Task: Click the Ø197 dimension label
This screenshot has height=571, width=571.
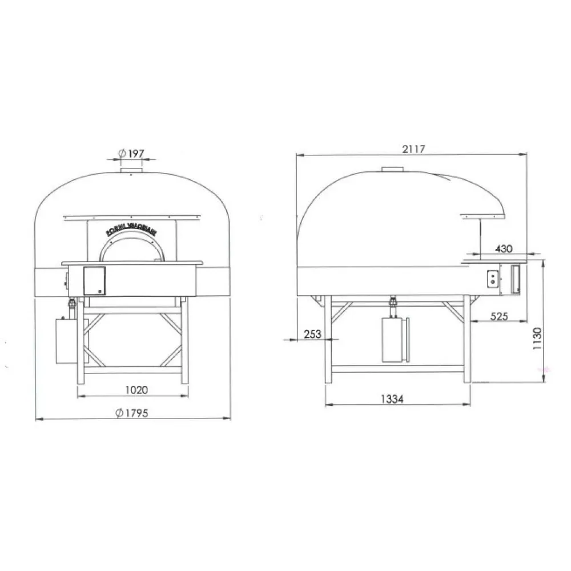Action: coord(131,154)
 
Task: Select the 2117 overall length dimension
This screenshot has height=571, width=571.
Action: coord(413,149)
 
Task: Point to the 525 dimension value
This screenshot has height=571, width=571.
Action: coord(498,316)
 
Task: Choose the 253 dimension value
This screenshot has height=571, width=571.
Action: coord(313,334)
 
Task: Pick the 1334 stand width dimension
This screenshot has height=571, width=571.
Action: coord(391,400)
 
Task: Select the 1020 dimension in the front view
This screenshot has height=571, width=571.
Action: coord(136,391)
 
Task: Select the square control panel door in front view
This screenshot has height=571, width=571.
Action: coord(94,281)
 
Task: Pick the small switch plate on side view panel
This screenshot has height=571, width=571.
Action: coord(492,279)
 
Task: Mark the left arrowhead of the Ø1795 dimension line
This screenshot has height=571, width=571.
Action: coord(38,419)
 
